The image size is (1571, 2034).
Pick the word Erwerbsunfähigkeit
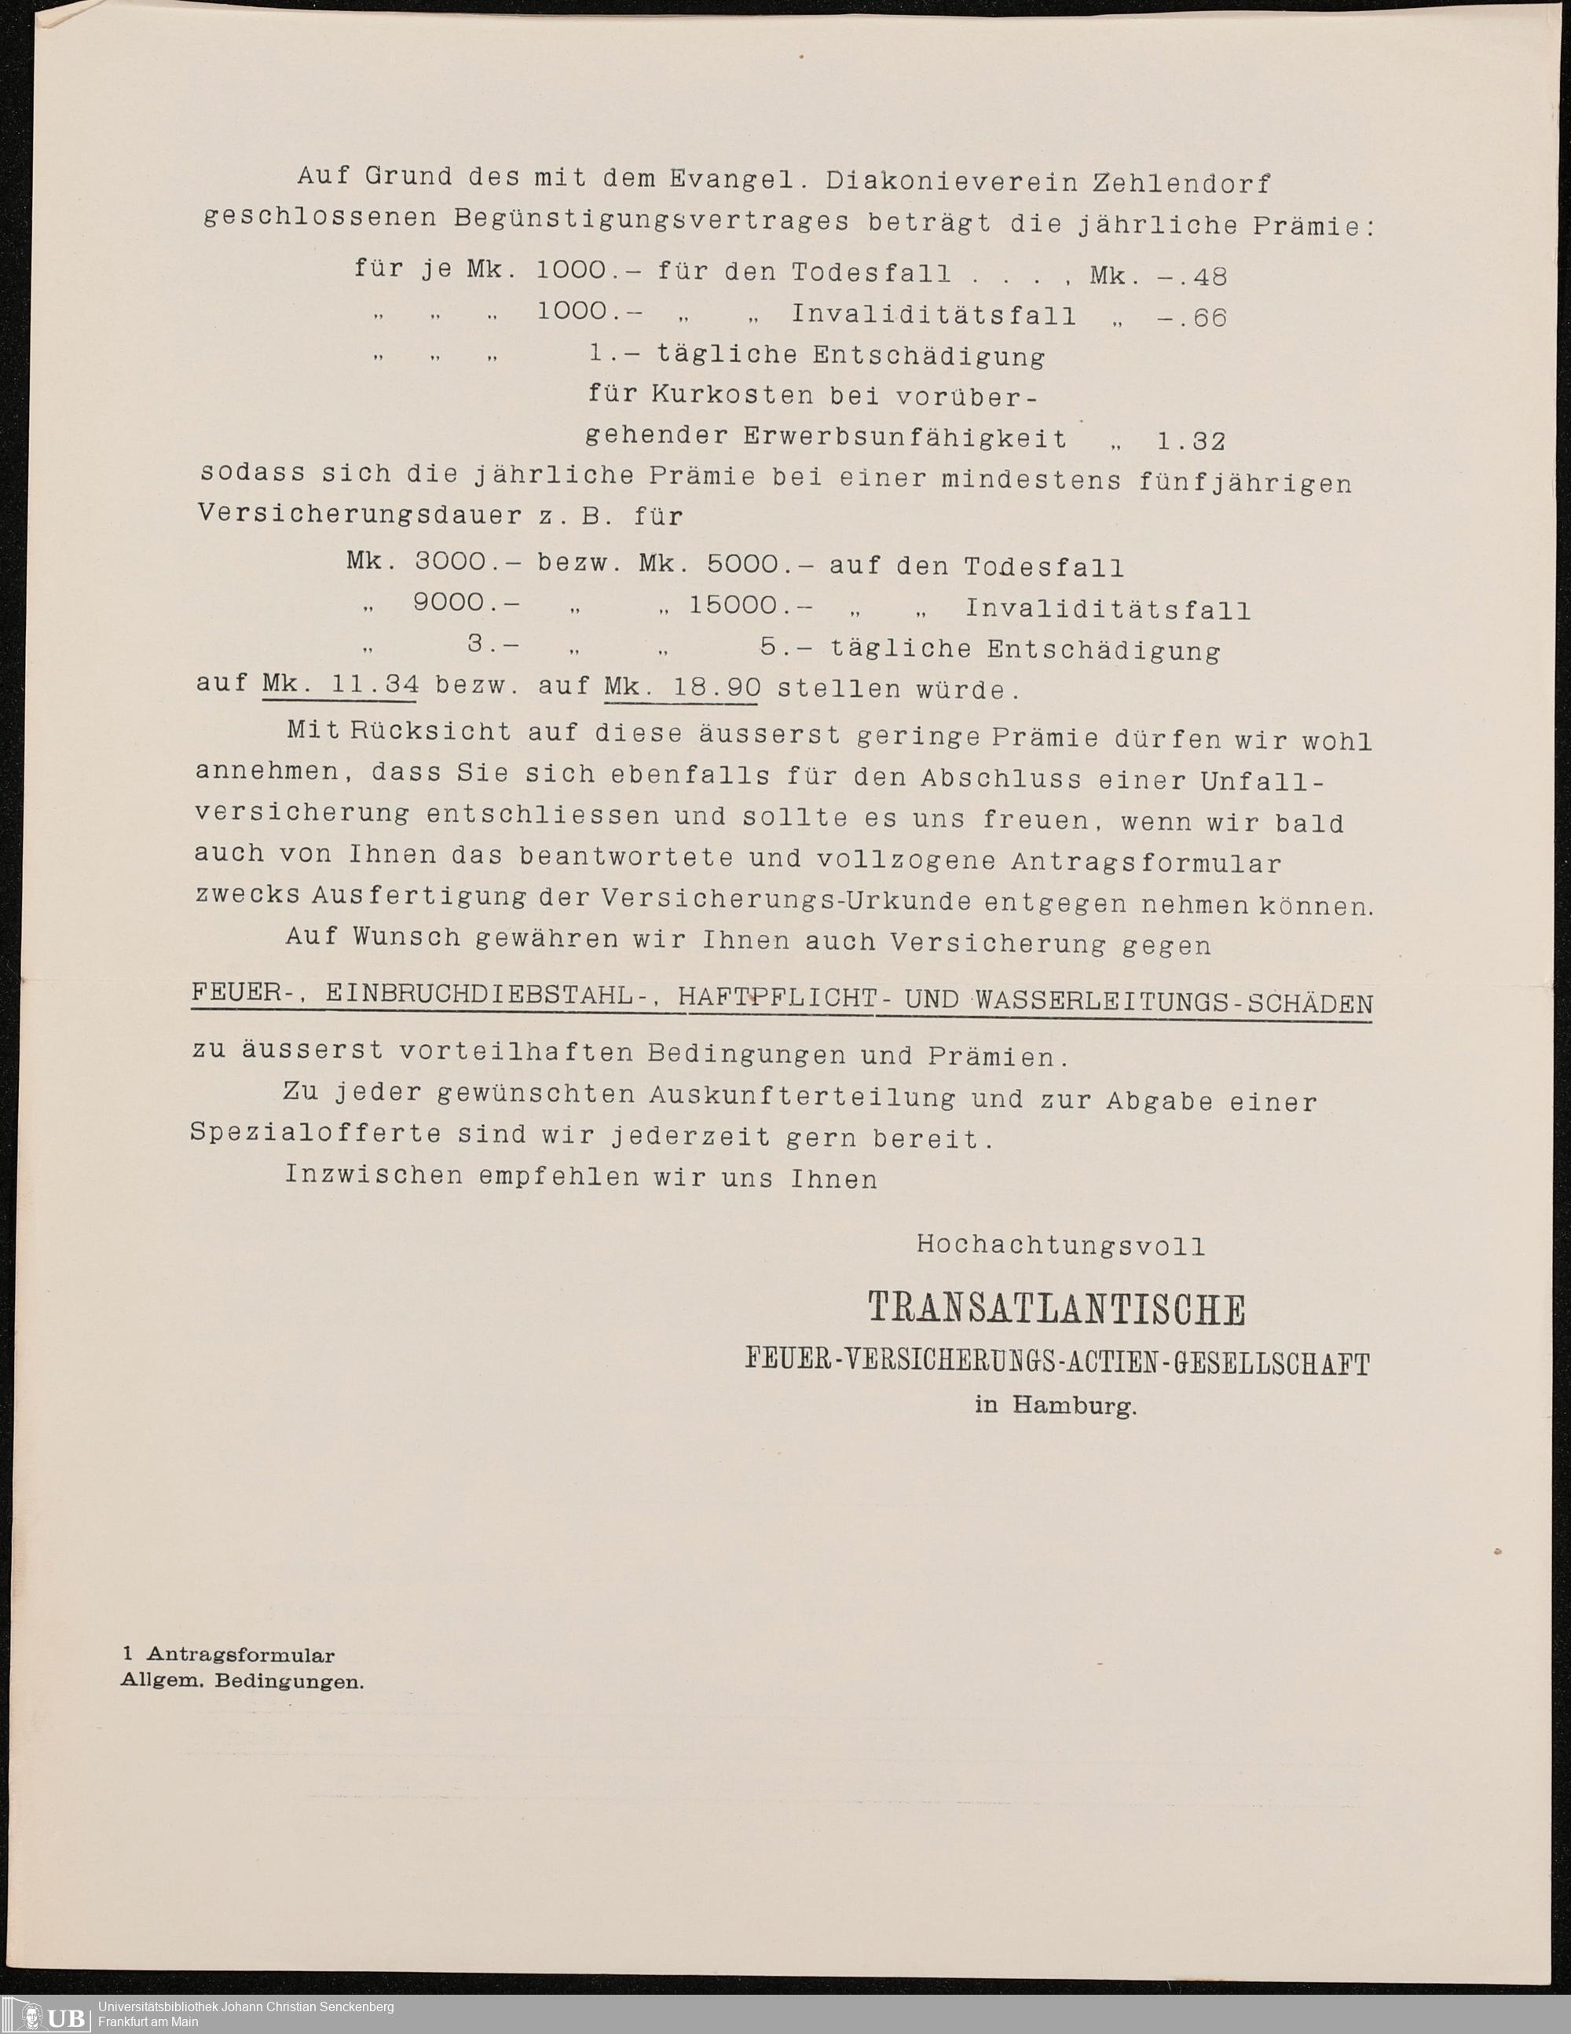904,437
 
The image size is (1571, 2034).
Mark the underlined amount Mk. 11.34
340,684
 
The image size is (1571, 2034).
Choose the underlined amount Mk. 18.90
683,687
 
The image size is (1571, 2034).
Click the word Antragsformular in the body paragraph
1146,863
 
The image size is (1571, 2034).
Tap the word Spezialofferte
316,1134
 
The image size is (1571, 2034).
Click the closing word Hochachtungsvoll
1060,1245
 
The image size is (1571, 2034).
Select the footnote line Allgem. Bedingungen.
242,1682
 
